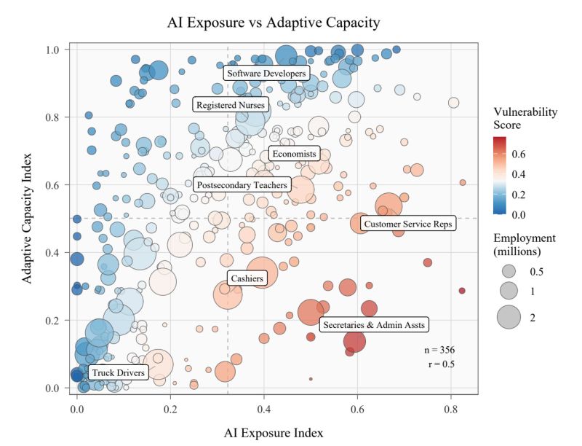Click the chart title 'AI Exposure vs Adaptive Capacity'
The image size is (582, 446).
[273, 23]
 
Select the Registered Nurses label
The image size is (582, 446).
[231, 105]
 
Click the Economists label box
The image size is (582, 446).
[293, 154]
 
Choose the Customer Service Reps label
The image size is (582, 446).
[407, 224]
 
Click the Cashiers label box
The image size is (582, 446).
[246, 278]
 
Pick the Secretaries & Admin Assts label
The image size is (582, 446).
[374, 324]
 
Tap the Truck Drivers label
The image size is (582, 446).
[117, 373]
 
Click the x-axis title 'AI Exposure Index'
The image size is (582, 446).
[273, 432]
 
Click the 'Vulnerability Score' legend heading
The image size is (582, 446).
[525, 118]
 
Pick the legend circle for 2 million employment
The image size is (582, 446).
[509, 316]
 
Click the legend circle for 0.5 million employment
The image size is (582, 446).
[509, 271]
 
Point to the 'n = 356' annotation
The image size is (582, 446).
[438, 351]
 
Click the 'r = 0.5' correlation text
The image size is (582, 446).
[442, 364]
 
